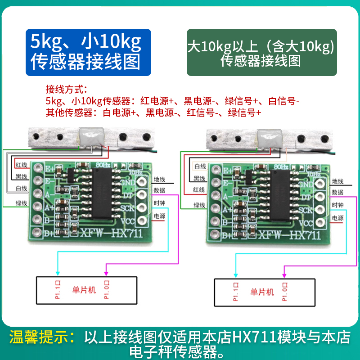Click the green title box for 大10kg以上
coord(261,53)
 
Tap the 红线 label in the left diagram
coord(21,165)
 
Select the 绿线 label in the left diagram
coord(21,202)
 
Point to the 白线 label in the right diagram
coord(200,166)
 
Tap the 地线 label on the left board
coord(160,180)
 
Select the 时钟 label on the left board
coord(160,203)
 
